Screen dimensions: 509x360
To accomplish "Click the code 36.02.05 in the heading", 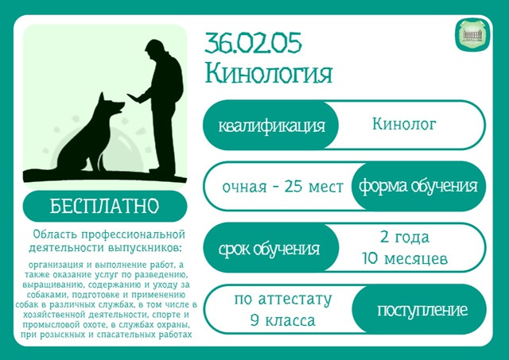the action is (x=253, y=43).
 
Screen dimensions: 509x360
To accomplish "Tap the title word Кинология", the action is (x=269, y=73).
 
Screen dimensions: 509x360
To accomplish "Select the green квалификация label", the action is (x=270, y=125).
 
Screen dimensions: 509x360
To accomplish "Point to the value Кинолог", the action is (x=404, y=124).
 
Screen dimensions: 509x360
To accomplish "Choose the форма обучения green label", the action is (x=418, y=186).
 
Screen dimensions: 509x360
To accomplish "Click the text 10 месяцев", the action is (x=405, y=259).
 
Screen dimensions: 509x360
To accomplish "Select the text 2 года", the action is (x=405, y=238).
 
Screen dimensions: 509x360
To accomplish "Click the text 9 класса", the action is (x=283, y=321).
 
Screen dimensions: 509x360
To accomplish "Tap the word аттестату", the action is (x=295, y=300).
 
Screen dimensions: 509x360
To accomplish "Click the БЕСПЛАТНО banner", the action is (x=105, y=206).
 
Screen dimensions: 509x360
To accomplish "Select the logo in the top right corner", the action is (x=472, y=35).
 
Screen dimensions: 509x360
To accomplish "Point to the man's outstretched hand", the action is (x=134, y=98).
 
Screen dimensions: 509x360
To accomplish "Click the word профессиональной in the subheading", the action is (x=133, y=234).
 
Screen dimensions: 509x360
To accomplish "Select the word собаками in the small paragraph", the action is (x=47, y=295).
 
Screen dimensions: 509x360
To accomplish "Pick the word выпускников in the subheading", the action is (x=144, y=248).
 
